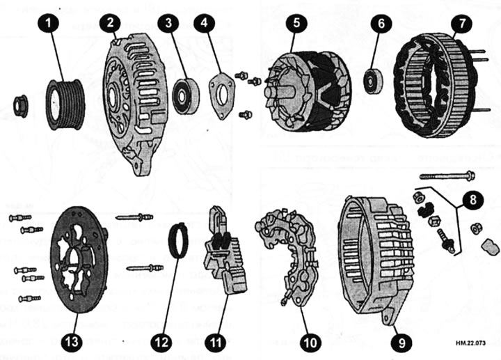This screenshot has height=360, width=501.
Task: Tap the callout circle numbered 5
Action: point(297,24)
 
